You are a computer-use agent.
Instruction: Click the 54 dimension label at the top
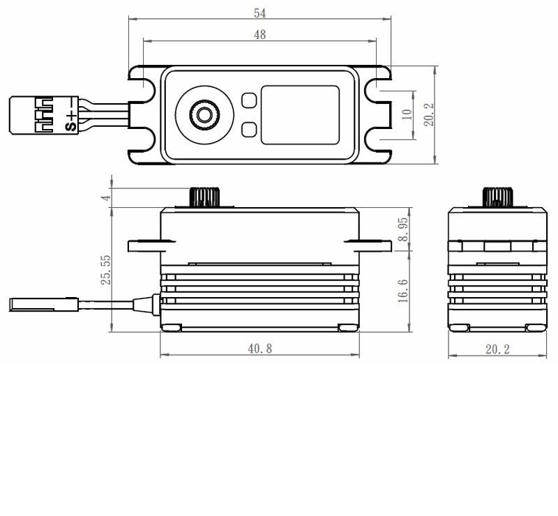point(260,13)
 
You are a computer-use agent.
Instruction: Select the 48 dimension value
point(259,34)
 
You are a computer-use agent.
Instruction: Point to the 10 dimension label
point(407,114)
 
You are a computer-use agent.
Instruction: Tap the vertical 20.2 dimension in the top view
point(429,114)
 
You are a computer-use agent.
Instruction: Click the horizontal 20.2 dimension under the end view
point(497,349)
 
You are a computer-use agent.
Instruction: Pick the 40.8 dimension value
point(259,349)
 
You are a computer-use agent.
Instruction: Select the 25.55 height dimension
point(105,269)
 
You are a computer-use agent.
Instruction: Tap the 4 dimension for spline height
point(105,197)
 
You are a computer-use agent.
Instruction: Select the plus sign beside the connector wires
point(70,115)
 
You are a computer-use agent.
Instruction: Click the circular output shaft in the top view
point(204,115)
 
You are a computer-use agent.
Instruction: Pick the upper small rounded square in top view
point(248,100)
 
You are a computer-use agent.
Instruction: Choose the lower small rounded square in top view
point(248,129)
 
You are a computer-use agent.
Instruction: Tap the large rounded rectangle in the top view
point(300,115)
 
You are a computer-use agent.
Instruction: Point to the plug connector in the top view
point(33,115)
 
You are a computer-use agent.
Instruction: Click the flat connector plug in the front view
point(35,304)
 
